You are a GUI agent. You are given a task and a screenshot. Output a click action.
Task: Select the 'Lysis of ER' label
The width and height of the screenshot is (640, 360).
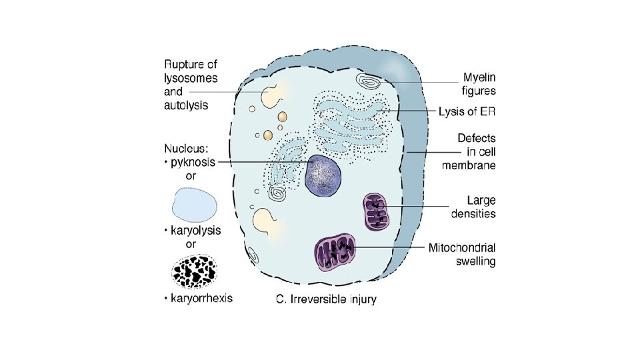click(471, 111)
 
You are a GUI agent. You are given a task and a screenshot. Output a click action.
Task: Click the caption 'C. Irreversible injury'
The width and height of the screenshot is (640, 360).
click(326, 300)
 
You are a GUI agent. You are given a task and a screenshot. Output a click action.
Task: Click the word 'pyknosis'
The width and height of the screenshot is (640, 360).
click(193, 163)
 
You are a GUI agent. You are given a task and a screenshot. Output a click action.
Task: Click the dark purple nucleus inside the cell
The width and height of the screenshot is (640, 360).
click(323, 176)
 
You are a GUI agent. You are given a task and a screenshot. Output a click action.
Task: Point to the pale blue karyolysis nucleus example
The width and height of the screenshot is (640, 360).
click(194, 204)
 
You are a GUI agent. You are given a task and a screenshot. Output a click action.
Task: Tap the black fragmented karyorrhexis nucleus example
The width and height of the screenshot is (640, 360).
click(194, 270)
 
